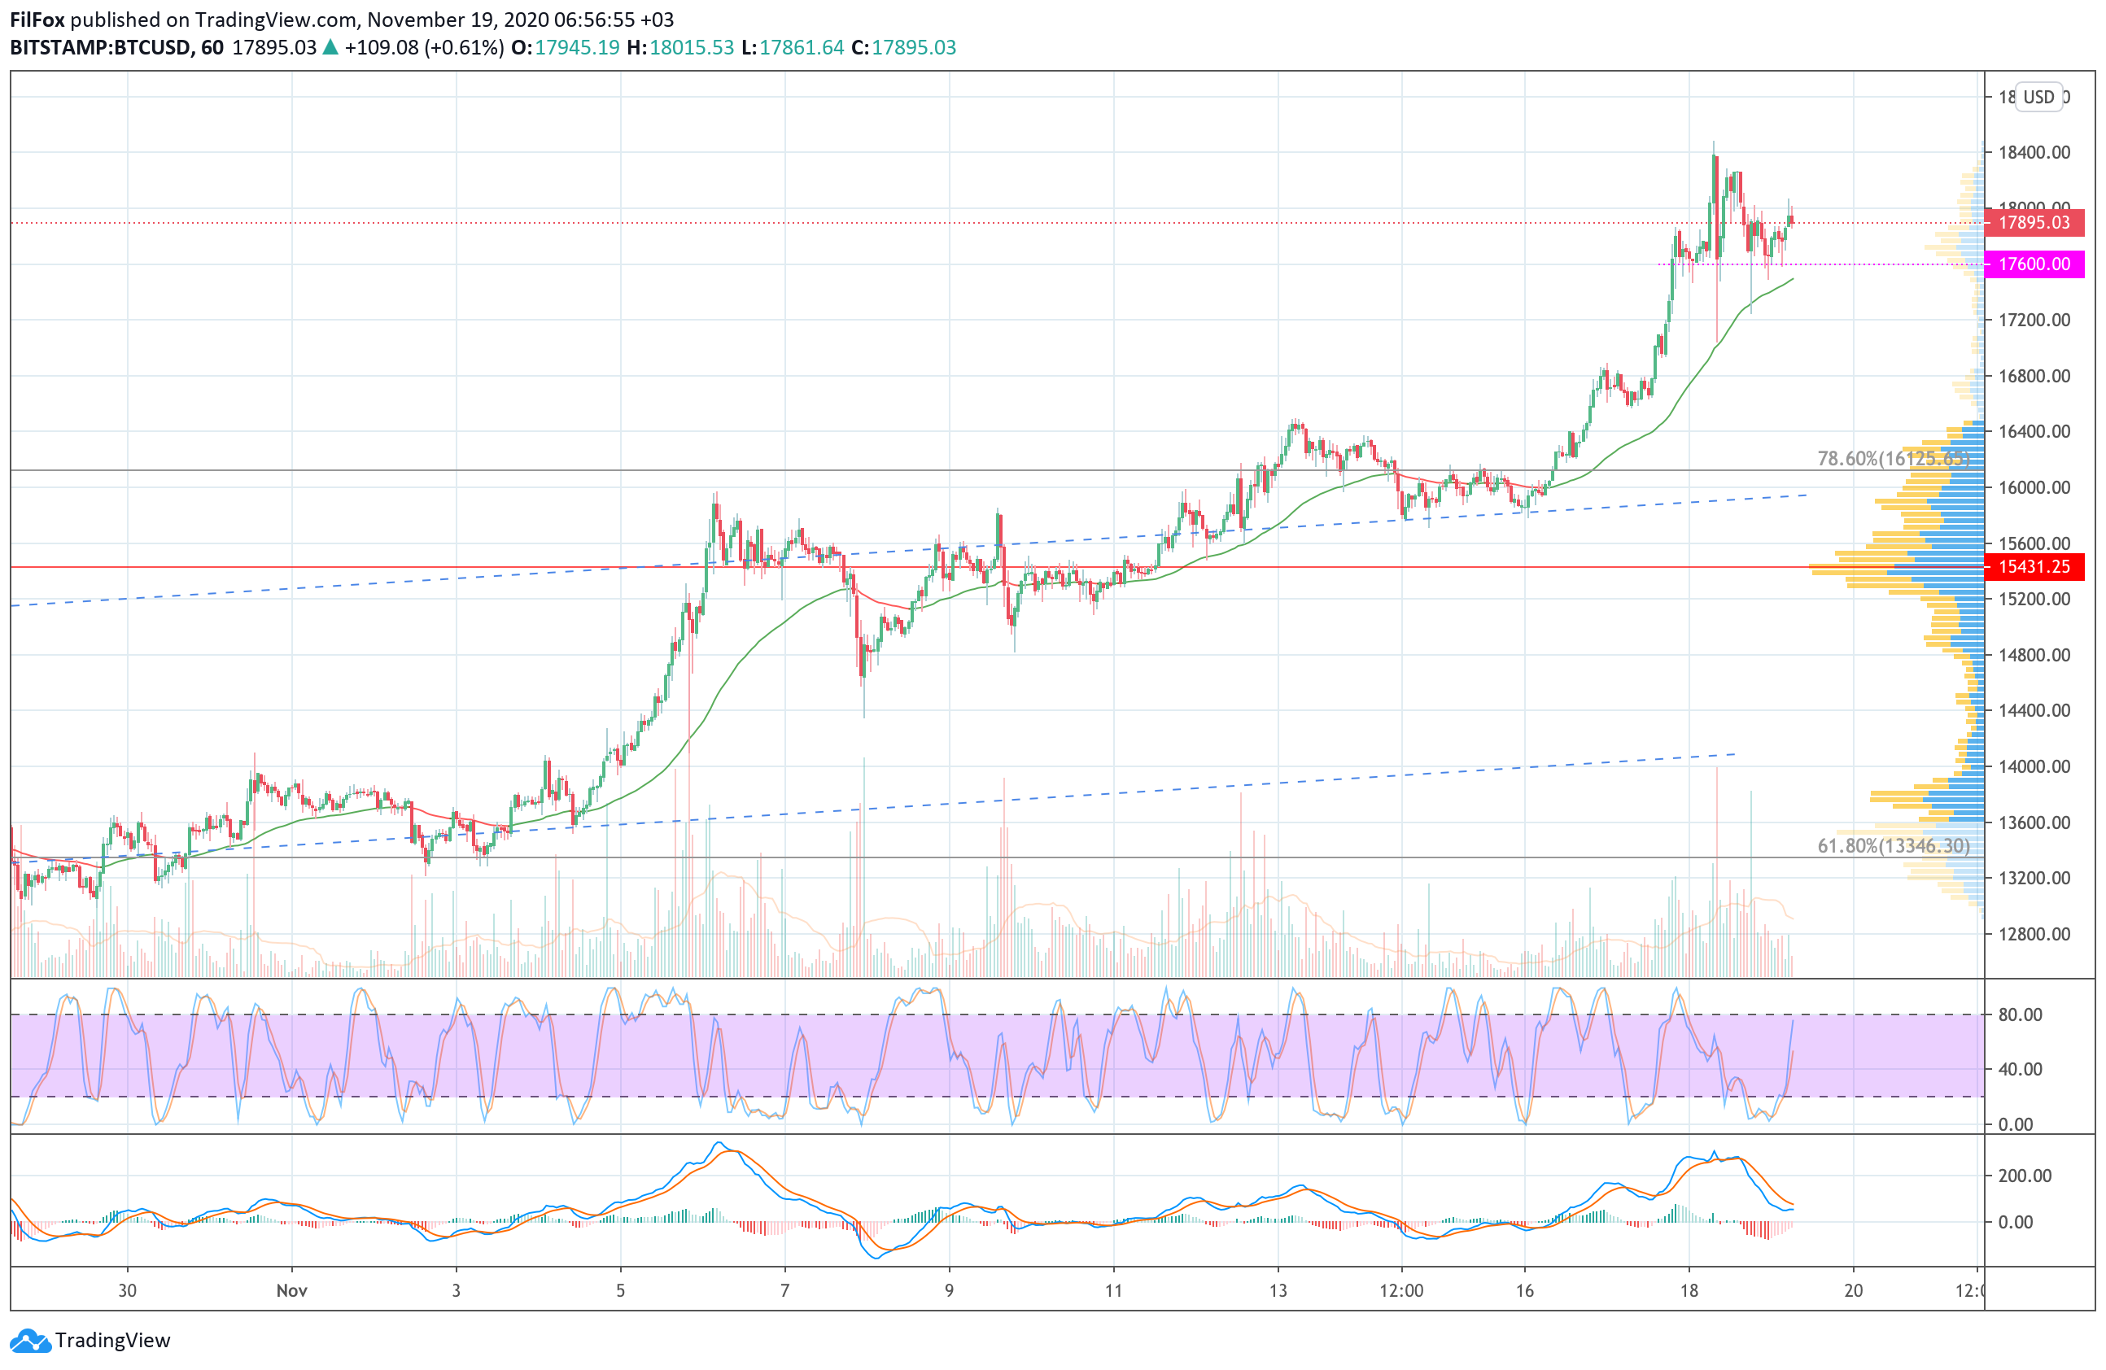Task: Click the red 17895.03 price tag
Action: tap(2034, 223)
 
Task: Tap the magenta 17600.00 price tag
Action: tap(2034, 264)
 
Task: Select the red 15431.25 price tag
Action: tap(2034, 567)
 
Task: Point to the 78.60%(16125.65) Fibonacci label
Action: tap(1893, 459)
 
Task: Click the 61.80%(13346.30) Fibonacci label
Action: tap(1893, 846)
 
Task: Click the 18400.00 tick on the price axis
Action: tap(2034, 153)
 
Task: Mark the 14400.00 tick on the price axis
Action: tap(2034, 711)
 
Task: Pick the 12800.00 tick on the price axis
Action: tap(2034, 934)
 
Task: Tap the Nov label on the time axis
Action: tap(291, 1290)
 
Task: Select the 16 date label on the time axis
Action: tap(1523, 1290)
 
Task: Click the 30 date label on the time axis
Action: tap(128, 1290)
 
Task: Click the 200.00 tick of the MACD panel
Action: tap(2025, 1176)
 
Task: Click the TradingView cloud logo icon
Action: tap(31, 1341)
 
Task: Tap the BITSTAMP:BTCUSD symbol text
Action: tap(100, 48)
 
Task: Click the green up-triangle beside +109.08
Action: tap(330, 48)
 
